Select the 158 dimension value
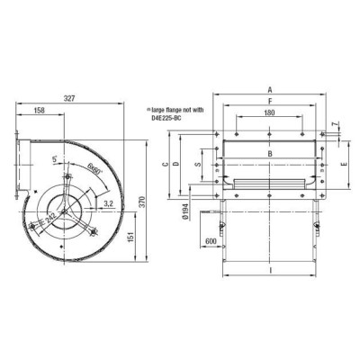click(x=40, y=112)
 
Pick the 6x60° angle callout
click(x=94, y=167)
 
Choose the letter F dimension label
click(x=269, y=102)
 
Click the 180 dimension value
click(x=269, y=114)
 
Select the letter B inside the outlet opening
click(x=269, y=153)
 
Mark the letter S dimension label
click(x=198, y=166)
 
